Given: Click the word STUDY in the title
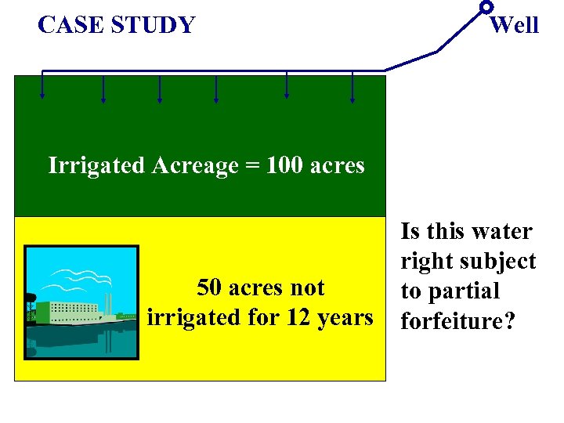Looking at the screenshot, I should (x=153, y=25).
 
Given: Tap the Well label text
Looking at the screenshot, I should (x=514, y=25).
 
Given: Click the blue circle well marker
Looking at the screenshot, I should (x=486, y=7).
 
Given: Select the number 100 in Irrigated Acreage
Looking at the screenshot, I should (x=286, y=165).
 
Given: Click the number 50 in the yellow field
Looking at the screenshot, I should (x=211, y=287).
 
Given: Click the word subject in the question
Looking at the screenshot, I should (x=497, y=262).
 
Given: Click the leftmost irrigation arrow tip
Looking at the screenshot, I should (x=42, y=99).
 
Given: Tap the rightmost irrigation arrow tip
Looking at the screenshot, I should (x=352, y=99).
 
